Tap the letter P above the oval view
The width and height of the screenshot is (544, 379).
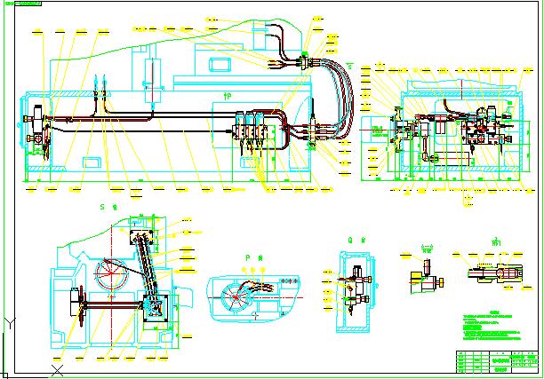[x=246, y=257]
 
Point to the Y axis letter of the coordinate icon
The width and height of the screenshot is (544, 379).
[x=8, y=321]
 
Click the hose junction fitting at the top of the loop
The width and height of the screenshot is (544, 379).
[x=305, y=59]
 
